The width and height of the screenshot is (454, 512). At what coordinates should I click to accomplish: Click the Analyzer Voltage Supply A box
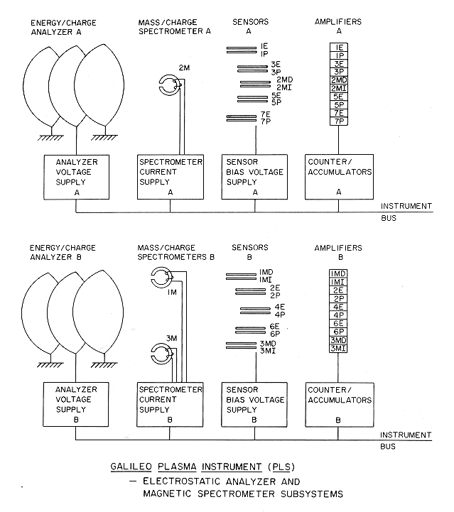(76, 177)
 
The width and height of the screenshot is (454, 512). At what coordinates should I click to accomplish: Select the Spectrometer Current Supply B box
(170, 404)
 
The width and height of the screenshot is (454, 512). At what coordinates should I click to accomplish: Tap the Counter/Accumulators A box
(336, 177)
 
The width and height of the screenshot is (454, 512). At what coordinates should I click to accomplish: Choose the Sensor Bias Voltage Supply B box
(252, 404)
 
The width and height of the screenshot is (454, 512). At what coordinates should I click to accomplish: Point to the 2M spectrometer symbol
(171, 87)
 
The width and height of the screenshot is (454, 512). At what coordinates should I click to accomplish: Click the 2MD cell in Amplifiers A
(338, 80)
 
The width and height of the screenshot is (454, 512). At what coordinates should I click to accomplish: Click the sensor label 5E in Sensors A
(276, 95)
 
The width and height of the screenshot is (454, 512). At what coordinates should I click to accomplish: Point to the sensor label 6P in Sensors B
(274, 332)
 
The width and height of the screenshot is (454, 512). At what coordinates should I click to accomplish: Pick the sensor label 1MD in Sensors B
(266, 271)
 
